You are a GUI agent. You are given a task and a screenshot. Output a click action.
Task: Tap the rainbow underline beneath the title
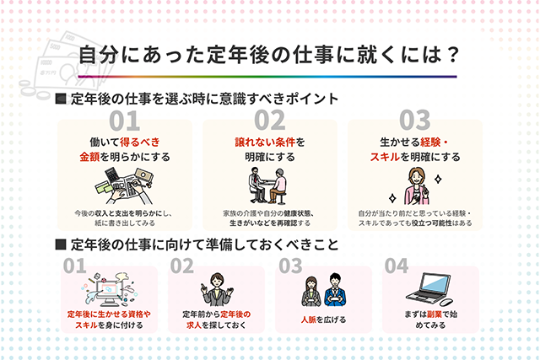coord(267,77)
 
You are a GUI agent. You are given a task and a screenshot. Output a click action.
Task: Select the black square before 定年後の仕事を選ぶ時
coord(61,99)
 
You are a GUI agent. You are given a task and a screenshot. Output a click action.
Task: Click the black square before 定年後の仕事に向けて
coord(61,244)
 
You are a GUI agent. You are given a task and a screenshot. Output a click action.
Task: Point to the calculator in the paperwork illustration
coord(112,175)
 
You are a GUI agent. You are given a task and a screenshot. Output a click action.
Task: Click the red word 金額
coord(89,157)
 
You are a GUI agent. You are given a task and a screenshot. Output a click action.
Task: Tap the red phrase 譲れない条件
coord(265,142)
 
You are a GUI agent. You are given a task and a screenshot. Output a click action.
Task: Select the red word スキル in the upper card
coord(385,157)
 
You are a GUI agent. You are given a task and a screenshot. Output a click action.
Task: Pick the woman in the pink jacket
coord(416,186)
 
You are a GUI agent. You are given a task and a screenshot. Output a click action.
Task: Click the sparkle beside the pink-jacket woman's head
coord(438,179)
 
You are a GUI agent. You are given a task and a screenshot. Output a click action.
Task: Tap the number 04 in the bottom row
coord(397,266)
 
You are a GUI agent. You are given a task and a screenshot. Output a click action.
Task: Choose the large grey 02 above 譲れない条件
coord(270,121)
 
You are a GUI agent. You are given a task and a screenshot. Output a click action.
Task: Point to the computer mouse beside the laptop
coord(446,302)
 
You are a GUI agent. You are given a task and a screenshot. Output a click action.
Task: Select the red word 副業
coord(435,314)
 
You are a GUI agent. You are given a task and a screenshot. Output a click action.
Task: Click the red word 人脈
coord(308,320)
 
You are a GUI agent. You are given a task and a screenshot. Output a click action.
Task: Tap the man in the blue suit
coord(335,290)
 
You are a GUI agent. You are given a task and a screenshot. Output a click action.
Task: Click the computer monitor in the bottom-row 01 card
coord(110,291)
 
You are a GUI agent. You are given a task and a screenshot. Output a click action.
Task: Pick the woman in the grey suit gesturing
coord(217,289)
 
